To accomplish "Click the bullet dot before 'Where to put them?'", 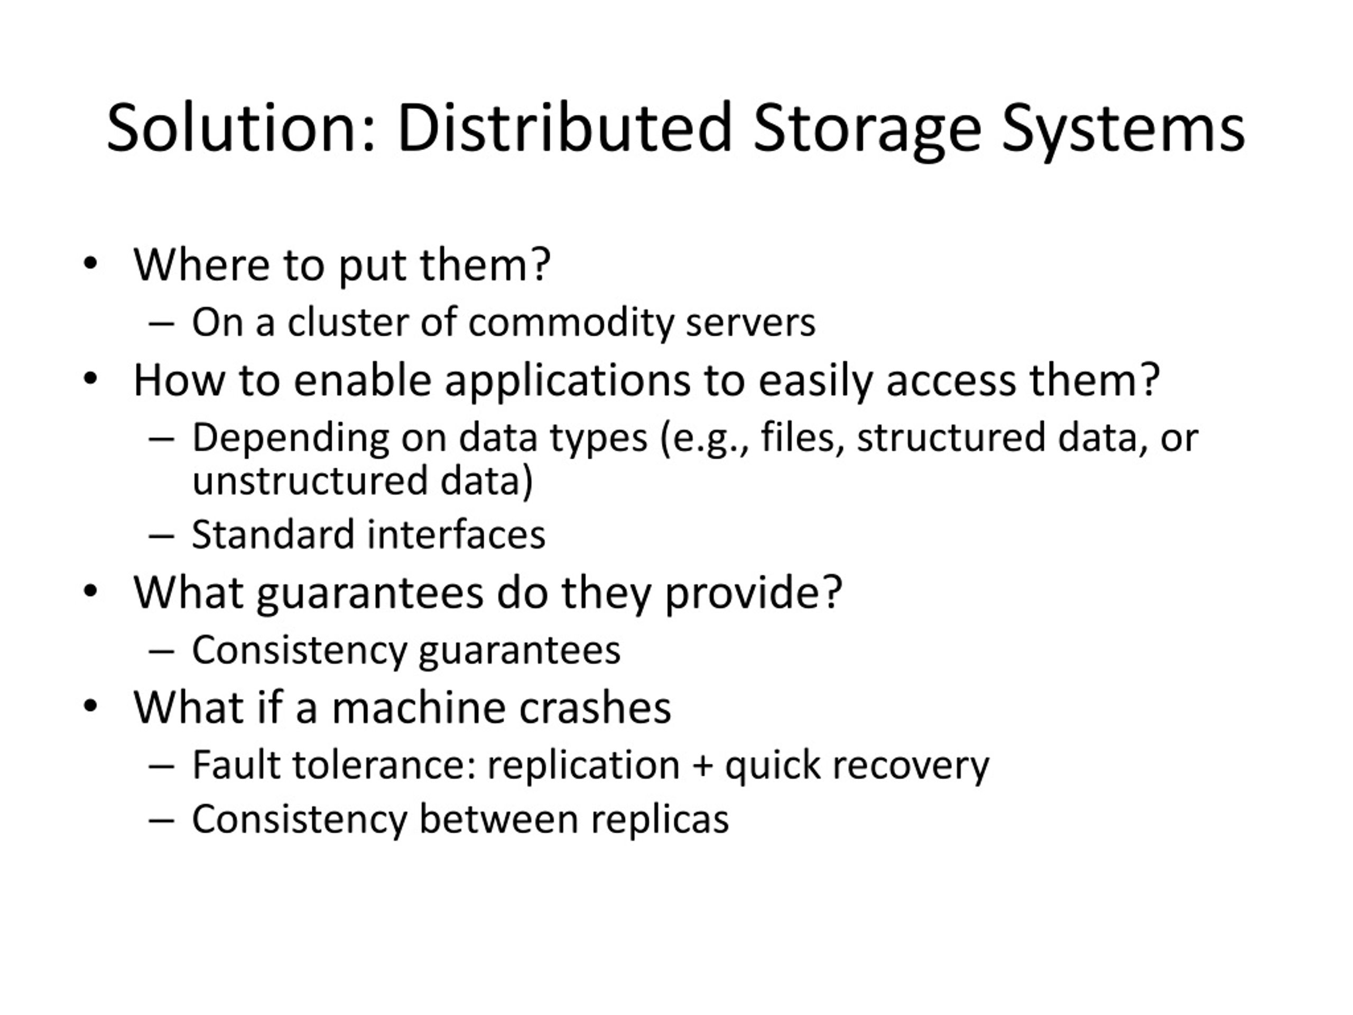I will [x=90, y=264].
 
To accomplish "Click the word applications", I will [x=567, y=381].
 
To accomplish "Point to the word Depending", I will [x=290, y=439].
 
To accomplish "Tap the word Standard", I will [x=273, y=534].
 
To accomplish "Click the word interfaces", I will [x=456, y=534].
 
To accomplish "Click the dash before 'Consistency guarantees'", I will [x=162, y=650].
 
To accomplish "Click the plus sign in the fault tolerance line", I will [x=702, y=765].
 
